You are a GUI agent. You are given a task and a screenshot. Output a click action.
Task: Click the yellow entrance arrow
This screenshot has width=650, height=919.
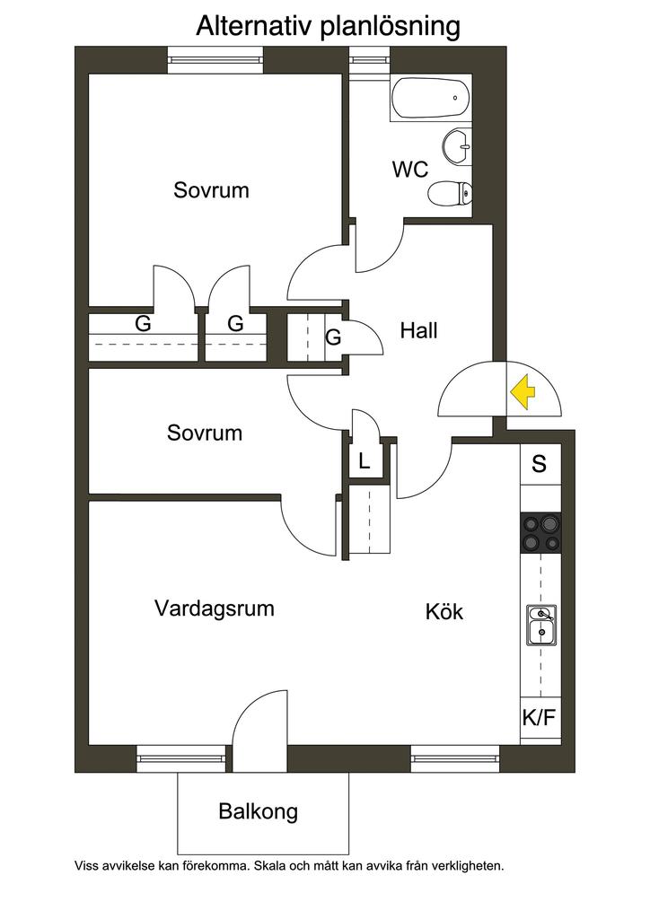pyautogui.click(x=523, y=391)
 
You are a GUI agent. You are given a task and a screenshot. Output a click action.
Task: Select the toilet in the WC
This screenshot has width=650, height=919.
pyautogui.click(x=450, y=193)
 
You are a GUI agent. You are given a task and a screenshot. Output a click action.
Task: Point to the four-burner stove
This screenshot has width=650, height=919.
pyautogui.click(x=540, y=533)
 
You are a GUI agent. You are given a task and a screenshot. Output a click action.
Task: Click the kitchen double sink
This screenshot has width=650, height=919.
pyautogui.click(x=541, y=625)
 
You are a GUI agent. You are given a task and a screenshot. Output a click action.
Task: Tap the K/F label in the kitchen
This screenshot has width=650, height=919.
pyautogui.click(x=539, y=717)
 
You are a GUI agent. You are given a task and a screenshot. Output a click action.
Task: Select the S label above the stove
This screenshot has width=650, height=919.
pyautogui.click(x=539, y=464)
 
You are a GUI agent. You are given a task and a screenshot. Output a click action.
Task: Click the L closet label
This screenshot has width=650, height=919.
pyautogui.click(x=364, y=461)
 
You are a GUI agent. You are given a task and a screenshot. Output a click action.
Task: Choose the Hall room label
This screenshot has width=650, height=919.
pyautogui.click(x=418, y=330)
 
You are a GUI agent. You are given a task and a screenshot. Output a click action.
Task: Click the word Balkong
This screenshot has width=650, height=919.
pyautogui.click(x=258, y=811)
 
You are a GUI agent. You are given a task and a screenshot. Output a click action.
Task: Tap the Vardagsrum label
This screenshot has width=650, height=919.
pyautogui.click(x=214, y=608)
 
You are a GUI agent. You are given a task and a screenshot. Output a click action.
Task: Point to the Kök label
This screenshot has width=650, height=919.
pyautogui.click(x=444, y=611)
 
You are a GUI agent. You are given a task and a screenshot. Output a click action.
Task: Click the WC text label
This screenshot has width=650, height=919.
pyautogui.click(x=409, y=170)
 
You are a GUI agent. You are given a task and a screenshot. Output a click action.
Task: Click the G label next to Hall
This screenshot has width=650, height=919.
pyautogui.click(x=333, y=337)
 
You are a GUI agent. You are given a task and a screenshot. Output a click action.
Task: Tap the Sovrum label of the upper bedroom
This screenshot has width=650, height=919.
pyautogui.click(x=211, y=190)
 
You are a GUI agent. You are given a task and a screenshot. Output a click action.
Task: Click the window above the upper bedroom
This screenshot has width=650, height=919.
pyautogui.click(x=215, y=60)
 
